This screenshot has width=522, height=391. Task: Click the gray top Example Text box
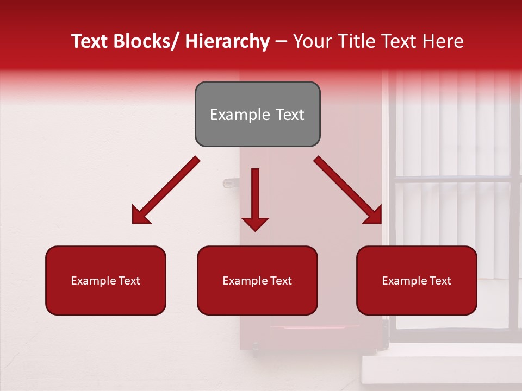[257, 114]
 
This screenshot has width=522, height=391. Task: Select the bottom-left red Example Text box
[105, 280]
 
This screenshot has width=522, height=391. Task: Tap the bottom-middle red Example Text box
[257, 280]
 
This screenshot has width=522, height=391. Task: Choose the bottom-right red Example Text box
[417, 280]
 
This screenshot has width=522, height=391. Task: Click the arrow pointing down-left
[166, 190]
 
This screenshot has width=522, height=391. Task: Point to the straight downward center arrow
[255, 195]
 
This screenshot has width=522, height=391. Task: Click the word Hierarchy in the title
[227, 41]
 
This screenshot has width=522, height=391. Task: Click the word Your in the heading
[312, 41]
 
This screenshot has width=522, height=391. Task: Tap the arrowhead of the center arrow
[255, 223]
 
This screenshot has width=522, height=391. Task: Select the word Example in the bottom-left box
[92, 280]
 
